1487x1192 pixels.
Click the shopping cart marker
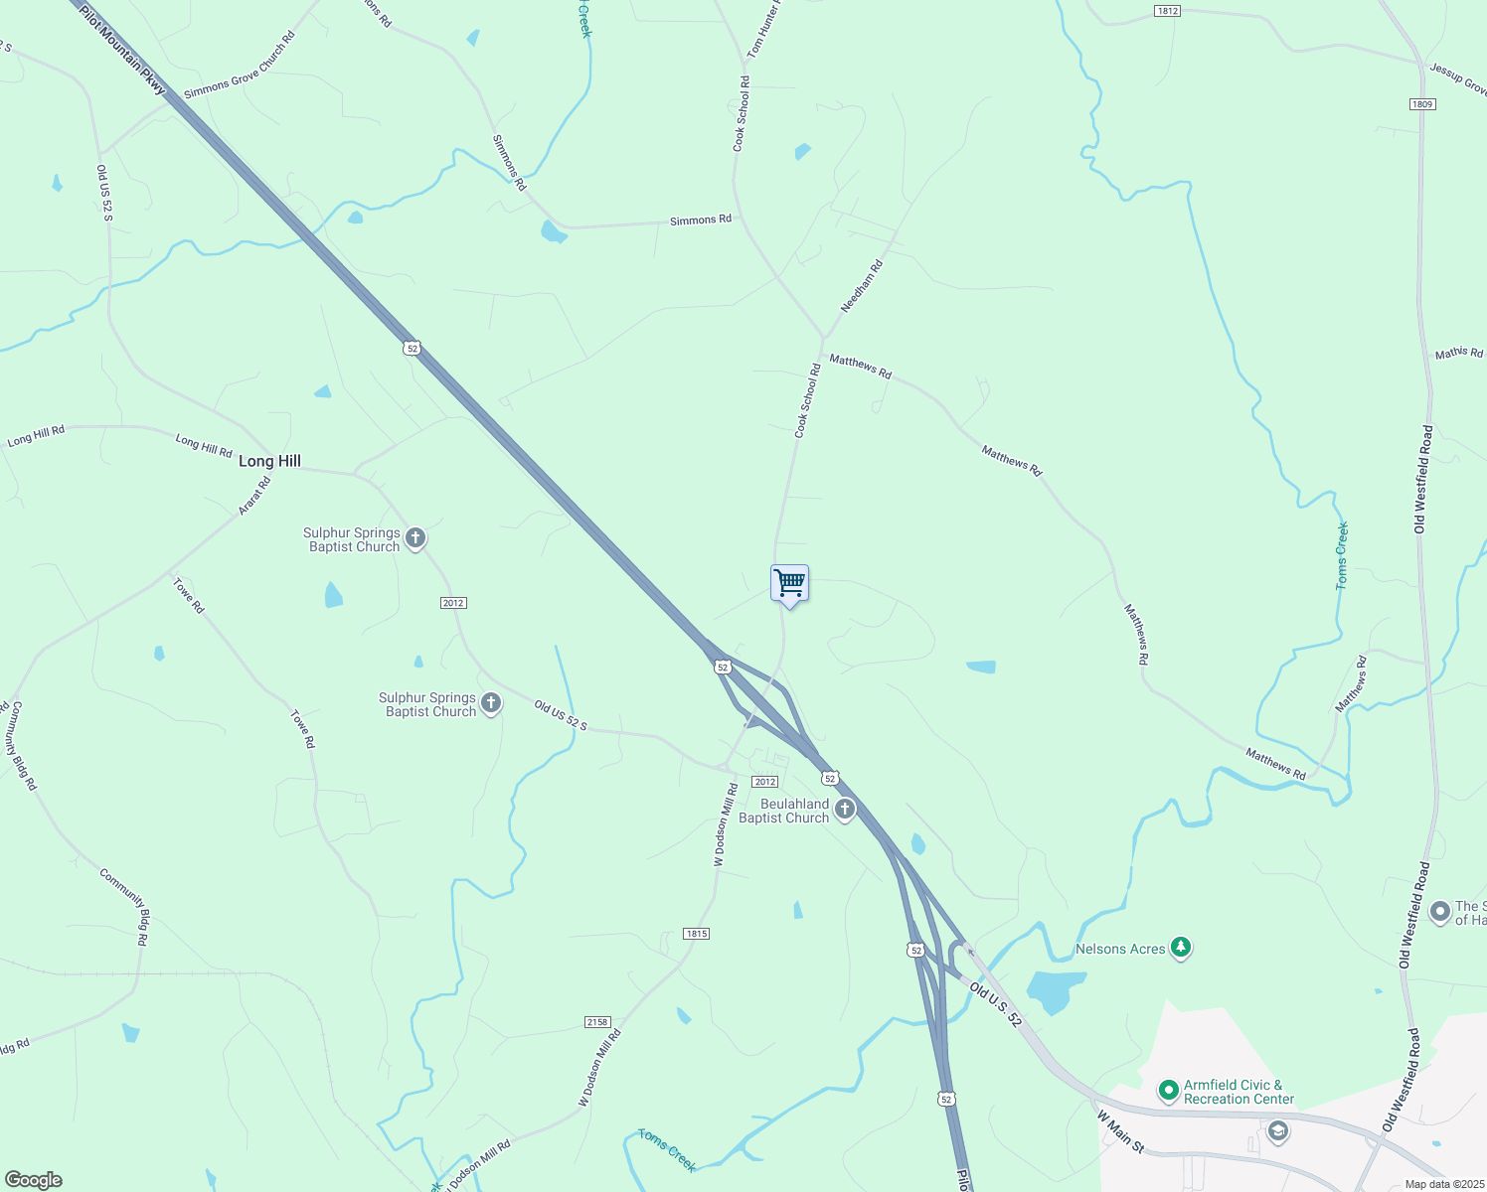click(x=789, y=583)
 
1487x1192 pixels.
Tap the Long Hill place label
click(x=269, y=461)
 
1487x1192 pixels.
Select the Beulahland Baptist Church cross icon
click(x=845, y=810)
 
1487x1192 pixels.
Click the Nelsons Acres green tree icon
click(x=1180, y=948)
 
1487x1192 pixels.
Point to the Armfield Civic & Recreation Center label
click(x=1239, y=1092)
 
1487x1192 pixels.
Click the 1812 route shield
click(x=1167, y=11)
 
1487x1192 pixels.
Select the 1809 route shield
click(x=1421, y=104)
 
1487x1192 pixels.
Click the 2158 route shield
click(x=596, y=1022)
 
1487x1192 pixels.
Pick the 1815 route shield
click(x=696, y=934)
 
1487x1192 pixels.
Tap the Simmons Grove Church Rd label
click(x=240, y=66)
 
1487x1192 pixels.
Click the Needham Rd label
click(x=861, y=286)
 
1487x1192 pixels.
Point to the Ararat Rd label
click(x=254, y=496)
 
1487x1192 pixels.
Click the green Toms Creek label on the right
click(x=1342, y=556)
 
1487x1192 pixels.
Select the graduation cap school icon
click(x=1277, y=1131)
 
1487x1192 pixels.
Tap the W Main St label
click(x=1120, y=1132)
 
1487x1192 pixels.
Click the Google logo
click(x=33, y=1180)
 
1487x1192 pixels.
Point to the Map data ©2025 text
click(x=1444, y=1184)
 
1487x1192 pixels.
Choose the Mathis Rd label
click(x=1458, y=353)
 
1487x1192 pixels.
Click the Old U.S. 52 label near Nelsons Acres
click(x=995, y=1003)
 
